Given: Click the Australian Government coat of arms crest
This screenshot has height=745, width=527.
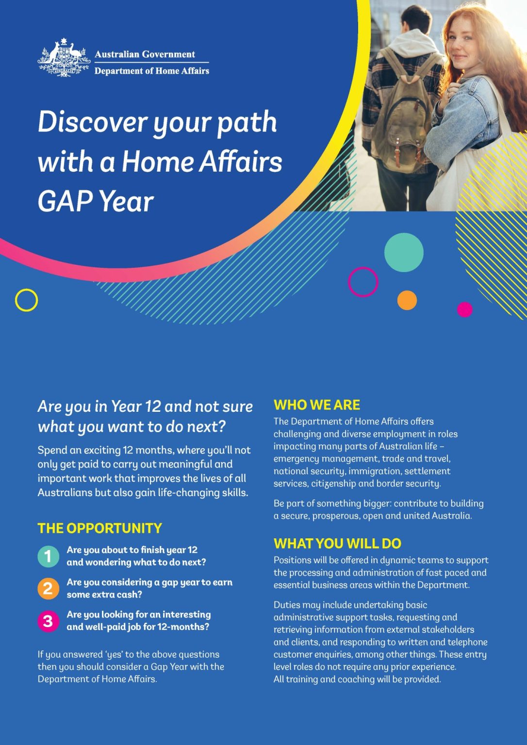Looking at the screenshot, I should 64,59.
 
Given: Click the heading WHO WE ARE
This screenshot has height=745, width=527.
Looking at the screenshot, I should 316,405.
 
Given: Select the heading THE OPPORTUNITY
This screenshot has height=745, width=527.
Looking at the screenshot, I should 99,528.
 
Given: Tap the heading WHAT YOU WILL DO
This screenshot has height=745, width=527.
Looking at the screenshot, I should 337,543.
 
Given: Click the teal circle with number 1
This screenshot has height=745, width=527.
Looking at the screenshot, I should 48,556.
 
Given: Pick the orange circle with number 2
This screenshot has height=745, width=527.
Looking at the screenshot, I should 48,588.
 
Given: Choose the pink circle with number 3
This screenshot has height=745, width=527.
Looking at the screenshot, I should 48,621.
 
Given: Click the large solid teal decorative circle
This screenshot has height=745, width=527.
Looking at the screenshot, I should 404,252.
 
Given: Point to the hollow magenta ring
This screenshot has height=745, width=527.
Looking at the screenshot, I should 363,282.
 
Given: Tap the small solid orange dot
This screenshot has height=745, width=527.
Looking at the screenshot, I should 407,300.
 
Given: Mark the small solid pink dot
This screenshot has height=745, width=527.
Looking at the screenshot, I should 465,309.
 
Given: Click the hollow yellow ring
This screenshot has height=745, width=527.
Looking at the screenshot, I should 26,300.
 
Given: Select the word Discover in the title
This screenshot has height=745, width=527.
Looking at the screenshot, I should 92,122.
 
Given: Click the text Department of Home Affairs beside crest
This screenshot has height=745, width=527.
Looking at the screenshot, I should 151,71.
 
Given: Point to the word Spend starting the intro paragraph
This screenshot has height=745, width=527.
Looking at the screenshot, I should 52,450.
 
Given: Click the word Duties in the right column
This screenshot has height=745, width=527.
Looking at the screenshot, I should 287,605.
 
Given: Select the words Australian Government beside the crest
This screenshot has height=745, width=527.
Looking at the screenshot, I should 145,54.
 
